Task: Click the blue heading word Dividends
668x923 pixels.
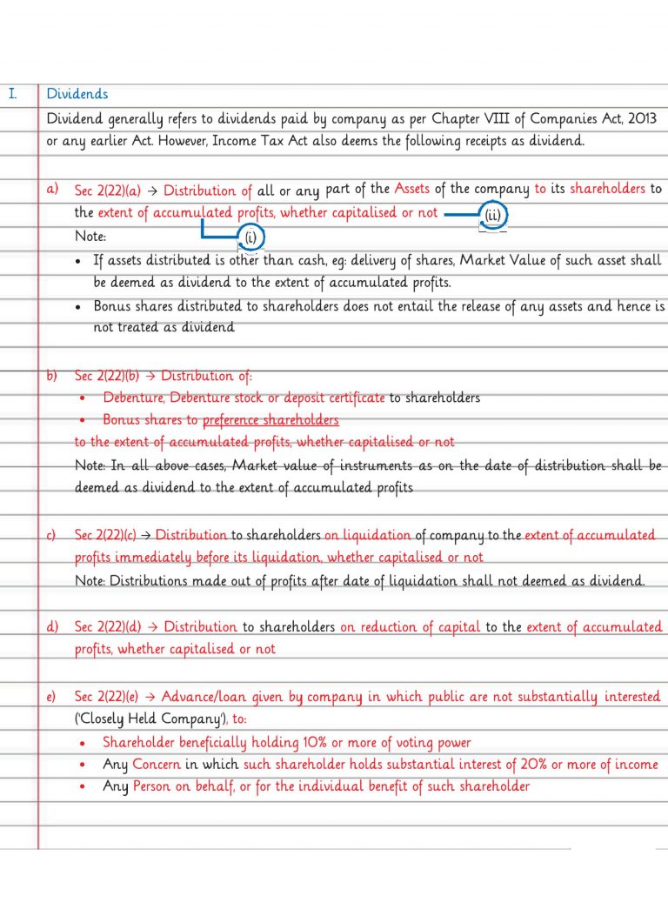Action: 77,94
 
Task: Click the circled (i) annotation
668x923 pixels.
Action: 250,237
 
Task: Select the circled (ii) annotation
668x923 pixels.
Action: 493,215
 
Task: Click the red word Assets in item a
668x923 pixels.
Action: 412,189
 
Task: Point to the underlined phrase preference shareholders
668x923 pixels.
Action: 271,420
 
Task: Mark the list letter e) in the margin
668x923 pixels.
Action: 51,697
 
